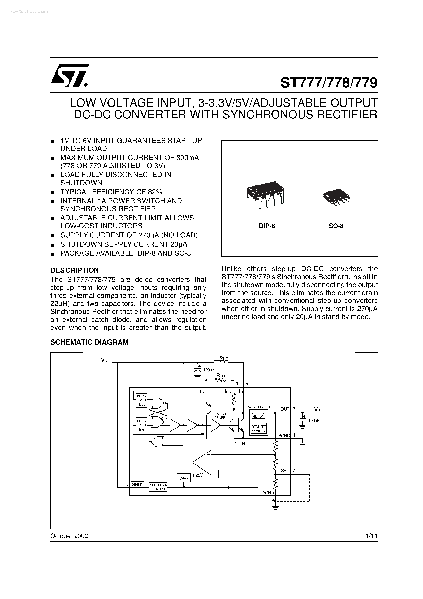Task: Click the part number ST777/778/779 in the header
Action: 329,83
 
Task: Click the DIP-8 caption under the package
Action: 267,226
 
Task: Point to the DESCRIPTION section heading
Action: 75,270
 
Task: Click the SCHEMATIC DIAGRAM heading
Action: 89,342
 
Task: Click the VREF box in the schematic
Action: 184,478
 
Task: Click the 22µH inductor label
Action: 224,358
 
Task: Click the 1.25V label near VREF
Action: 197,475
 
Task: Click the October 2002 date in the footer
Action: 69,536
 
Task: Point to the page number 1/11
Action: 371,536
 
